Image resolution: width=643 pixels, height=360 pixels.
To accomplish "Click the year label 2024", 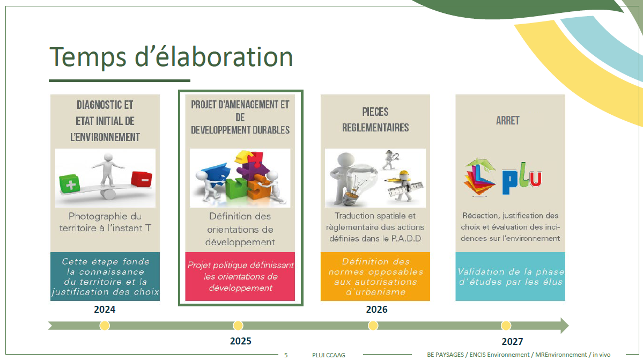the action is (105, 310).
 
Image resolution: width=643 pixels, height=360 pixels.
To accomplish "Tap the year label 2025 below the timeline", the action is (240, 341).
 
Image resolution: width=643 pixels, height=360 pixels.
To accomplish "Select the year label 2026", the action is (376, 310).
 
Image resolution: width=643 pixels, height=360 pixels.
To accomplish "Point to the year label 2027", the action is (512, 342).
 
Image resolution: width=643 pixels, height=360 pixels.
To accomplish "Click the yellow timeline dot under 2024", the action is (105, 326).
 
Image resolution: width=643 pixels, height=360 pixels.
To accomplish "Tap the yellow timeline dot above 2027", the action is (506, 326).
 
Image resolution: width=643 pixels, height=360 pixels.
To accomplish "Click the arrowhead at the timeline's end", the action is (564, 326).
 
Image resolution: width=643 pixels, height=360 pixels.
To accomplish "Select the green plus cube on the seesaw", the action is (69, 183).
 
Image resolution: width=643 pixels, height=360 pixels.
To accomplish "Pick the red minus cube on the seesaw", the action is (142, 179).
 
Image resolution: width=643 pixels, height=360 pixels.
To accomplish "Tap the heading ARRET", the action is (508, 121).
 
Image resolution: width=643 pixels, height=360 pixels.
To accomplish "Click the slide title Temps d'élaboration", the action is (172, 57).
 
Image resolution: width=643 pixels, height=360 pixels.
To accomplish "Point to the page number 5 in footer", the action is (286, 355).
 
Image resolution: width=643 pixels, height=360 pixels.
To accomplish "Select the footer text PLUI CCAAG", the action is (328, 355).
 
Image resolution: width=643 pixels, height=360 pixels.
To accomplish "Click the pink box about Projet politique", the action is (240, 276).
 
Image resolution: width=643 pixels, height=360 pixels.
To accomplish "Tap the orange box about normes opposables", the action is (375, 276).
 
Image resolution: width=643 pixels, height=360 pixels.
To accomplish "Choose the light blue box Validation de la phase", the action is (510, 276).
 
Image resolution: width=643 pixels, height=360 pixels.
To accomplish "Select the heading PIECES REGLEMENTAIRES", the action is (375, 120).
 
